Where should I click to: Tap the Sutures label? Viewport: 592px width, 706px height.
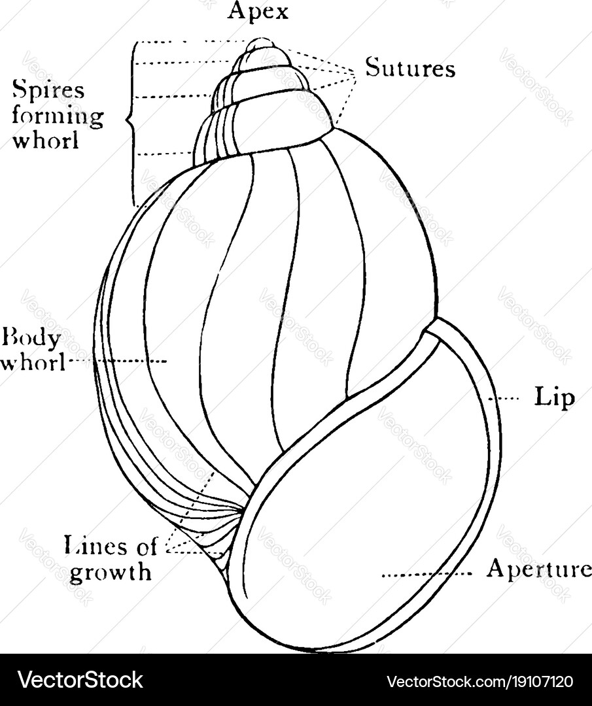pyautogui.click(x=409, y=68)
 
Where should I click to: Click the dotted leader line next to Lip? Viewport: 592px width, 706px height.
pyautogui.click(x=507, y=397)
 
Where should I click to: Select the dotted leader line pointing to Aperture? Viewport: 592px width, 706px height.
pyautogui.click(x=426, y=575)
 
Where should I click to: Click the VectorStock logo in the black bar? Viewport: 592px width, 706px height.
pyautogui.click(x=80, y=681)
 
